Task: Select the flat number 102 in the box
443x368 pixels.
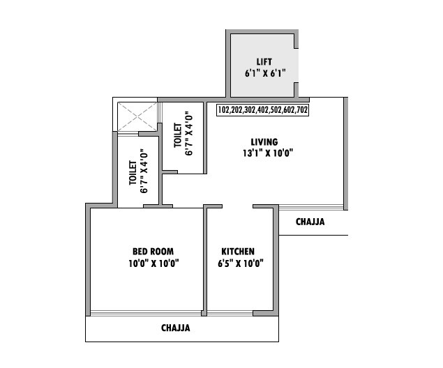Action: click(x=225, y=110)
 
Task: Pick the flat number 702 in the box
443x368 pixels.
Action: click(x=301, y=110)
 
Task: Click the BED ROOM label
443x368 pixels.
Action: click(x=153, y=252)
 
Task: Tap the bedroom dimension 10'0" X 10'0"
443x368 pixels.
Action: click(x=153, y=263)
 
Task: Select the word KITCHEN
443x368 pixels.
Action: click(x=238, y=252)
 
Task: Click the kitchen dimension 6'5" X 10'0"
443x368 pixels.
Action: click(x=240, y=263)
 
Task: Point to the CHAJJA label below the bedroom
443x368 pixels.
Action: click(x=175, y=327)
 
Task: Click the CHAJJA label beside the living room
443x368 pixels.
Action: click(x=310, y=222)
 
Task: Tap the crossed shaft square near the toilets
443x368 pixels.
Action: click(x=137, y=116)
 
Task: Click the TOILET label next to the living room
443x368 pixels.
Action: click(x=177, y=135)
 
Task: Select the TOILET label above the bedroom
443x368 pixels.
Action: click(x=133, y=172)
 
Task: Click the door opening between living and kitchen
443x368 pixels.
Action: click(x=237, y=206)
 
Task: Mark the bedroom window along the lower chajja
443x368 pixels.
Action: click(x=147, y=313)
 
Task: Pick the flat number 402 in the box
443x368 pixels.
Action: click(x=262, y=110)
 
